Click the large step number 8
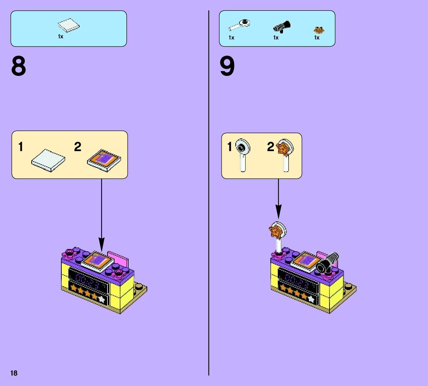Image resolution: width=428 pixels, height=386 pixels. [x=19, y=67]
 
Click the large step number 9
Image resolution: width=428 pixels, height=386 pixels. [x=227, y=67]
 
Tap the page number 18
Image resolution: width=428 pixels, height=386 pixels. [x=14, y=373]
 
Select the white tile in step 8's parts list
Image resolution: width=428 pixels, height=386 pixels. [x=69, y=26]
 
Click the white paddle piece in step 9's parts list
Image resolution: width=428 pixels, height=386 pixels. [x=239, y=25]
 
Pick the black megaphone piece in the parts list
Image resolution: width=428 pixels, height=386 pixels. [x=282, y=27]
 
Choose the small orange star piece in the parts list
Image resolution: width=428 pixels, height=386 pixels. [x=318, y=29]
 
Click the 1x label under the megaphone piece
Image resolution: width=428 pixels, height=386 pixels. [x=276, y=38]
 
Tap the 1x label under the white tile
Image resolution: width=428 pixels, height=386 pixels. [x=61, y=36]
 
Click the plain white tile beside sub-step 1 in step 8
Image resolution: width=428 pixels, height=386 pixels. [x=48, y=160]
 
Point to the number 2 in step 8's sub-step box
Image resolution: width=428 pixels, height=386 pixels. [x=77, y=147]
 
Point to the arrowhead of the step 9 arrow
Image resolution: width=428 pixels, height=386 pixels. [x=279, y=214]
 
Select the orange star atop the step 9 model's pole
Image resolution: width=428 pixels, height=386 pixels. [x=275, y=231]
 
